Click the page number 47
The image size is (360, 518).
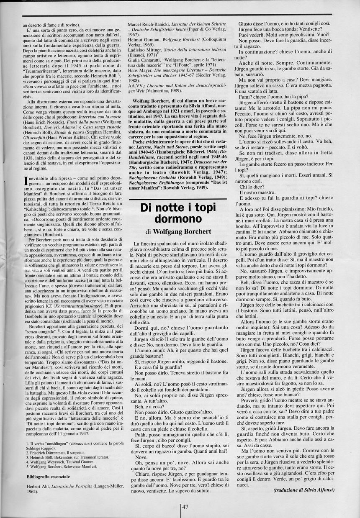coord(185,507)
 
